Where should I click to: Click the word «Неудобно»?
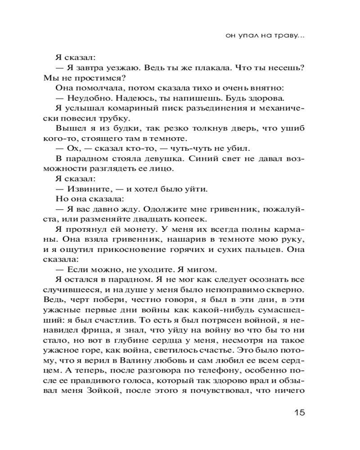click(x=87, y=99)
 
